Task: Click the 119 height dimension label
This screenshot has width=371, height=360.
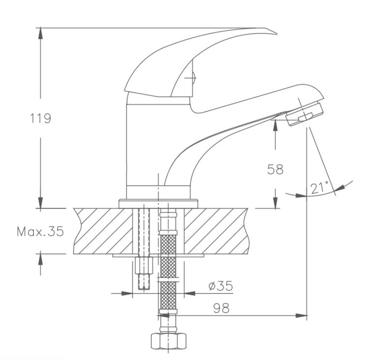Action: (x=40, y=118)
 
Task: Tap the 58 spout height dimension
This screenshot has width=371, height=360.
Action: (x=275, y=169)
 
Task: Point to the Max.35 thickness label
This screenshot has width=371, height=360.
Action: (x=40, y=231)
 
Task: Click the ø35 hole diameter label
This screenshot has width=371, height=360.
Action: (x=221, y=286)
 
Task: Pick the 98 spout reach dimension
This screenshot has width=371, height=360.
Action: (x=221, y=308)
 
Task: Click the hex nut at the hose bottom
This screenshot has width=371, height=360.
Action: (x=168, y=341)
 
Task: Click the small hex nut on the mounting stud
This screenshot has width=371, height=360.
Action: (x=144, y=266)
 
